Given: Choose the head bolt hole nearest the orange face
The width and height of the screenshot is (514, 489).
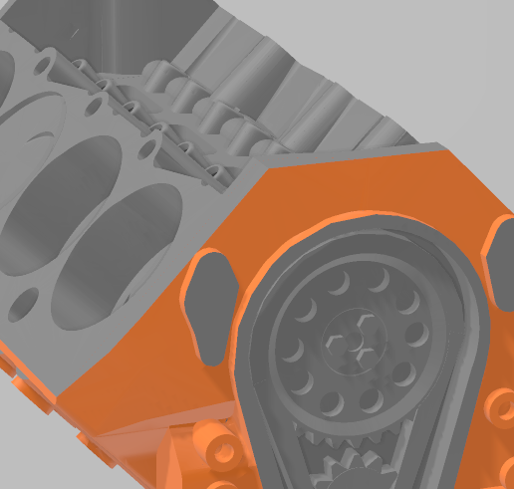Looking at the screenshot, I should pyautogui.click(x=150, y=149).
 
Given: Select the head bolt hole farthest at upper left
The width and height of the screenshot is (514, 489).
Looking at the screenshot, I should pyautogui.click(x=44, y=66).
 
